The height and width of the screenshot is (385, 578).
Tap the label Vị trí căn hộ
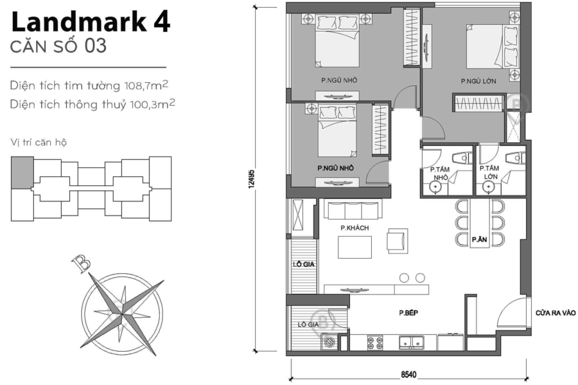click(x=39, y=142)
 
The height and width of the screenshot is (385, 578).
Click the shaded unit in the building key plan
click(x=22, y=173)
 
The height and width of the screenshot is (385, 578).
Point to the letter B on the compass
click(x=80, y=263)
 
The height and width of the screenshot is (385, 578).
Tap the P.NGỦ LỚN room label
click(x=478, y=81)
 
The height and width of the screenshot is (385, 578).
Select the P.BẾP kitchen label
click(x=408, y=313)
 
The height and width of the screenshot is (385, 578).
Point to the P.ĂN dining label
click(x=478, y=240)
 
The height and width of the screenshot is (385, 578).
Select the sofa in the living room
click(x=352, y=210)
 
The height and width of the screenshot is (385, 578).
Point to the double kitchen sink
click(x=411, y=342)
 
